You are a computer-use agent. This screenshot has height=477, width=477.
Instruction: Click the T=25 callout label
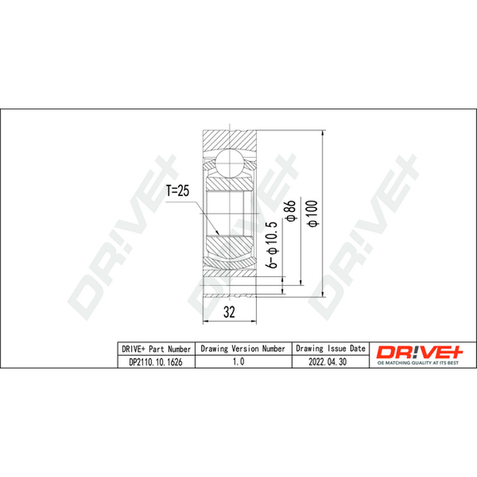(178, 191)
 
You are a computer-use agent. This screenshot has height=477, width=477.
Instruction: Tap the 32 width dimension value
(229, 312)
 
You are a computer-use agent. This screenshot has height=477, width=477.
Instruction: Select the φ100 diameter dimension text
(313, 213)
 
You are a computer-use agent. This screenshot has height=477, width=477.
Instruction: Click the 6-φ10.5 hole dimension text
(272, 245)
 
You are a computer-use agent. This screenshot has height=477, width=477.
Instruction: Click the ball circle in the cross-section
(230, 162)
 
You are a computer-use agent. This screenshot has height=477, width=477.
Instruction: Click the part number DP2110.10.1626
(156, 362)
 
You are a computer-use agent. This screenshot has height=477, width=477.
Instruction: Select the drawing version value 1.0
(238, 361)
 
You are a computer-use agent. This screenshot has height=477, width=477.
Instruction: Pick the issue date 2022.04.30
(327, 362)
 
